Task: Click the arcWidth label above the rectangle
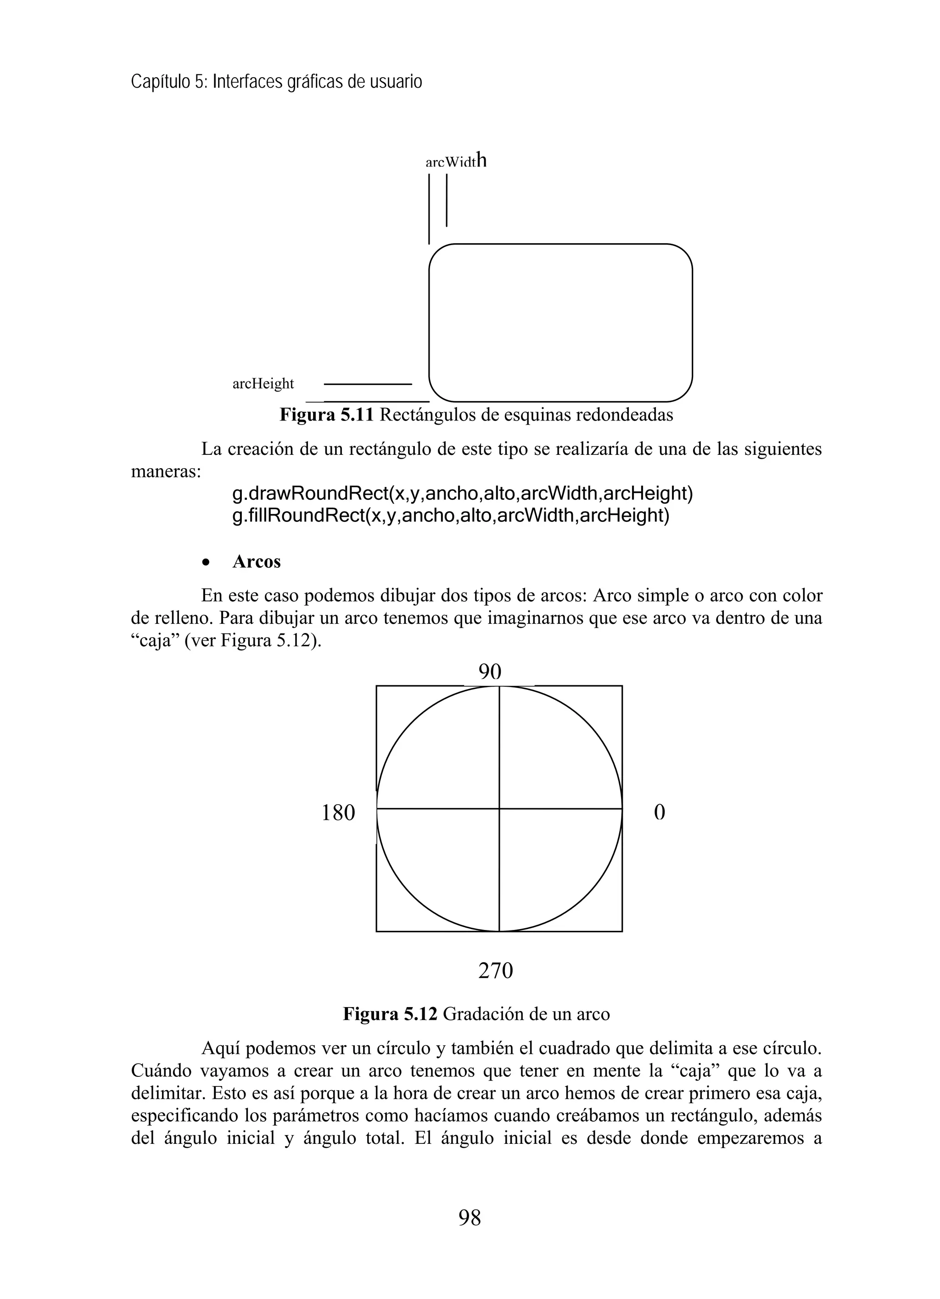point(455,162)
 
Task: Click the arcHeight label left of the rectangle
point(263,384)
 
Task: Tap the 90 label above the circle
point(490,672)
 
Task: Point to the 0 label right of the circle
point(659,813)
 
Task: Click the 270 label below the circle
point(496,971)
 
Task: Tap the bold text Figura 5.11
point(326,414)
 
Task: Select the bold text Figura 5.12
point(390,1014)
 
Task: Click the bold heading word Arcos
point(257,562)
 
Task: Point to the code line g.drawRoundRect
point(462,493)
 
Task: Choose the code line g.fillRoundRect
point(450,515)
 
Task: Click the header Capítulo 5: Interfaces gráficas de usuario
point(277,82)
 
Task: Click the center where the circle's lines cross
point(499,809)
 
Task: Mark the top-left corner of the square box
point(377,686)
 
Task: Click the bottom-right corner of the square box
point(622,931)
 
